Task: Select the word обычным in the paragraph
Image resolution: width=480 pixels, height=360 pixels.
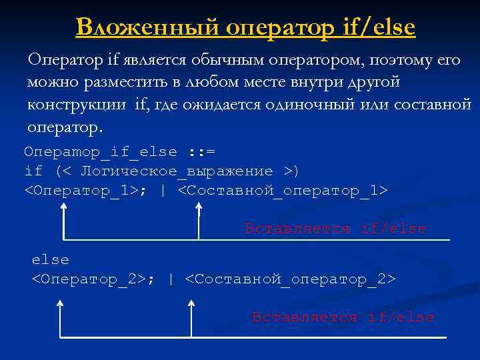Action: [x=229, y=60]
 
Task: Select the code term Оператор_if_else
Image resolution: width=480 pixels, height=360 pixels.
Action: [x=100, y=152]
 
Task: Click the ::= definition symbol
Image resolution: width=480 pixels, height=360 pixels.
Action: [x=201, y=152]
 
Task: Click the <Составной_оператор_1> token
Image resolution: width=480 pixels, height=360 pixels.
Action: [x=282, y=191]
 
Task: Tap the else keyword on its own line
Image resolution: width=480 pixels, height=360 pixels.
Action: [x=51, y=259]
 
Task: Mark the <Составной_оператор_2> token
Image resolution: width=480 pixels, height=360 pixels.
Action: [x=290, y=278]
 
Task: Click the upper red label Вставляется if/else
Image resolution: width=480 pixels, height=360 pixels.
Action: [x=335, y=229]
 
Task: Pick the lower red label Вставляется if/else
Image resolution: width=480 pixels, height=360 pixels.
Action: [x=343, y=317]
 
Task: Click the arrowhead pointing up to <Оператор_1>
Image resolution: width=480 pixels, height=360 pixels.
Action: [x=64, y=208]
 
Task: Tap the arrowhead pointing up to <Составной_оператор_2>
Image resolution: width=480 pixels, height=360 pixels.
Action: [x=192, y=304]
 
